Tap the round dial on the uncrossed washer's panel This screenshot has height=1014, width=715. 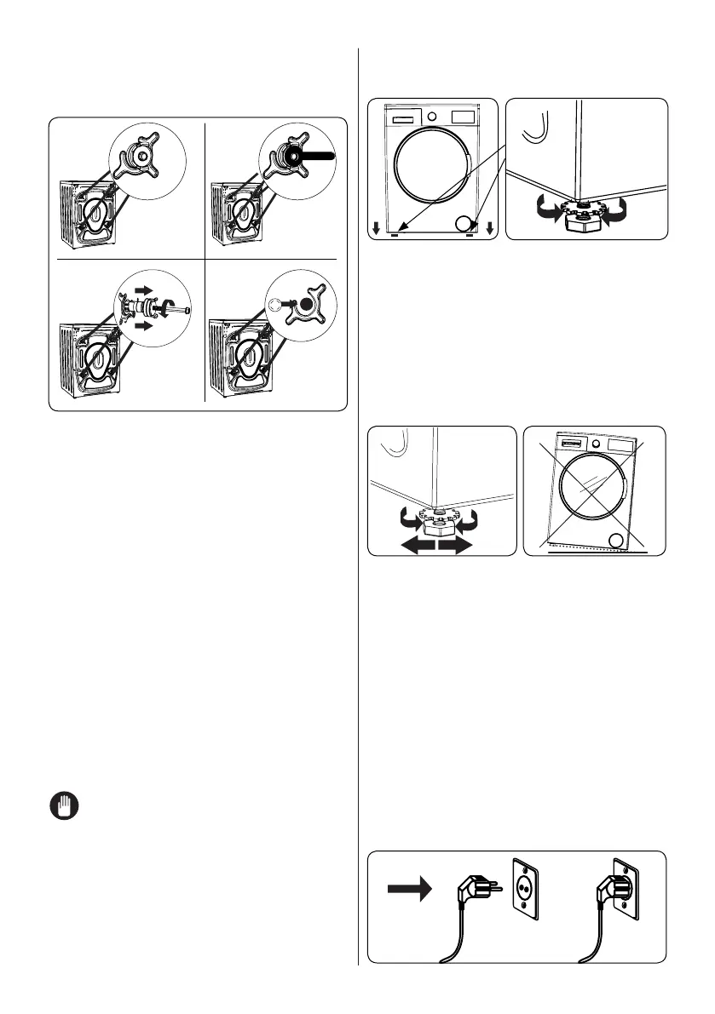pos(431,115)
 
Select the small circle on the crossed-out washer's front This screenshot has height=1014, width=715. pos(618,541)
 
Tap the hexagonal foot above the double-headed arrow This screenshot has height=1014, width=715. pos(438,519)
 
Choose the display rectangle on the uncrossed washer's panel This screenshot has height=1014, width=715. pos(463,115)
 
